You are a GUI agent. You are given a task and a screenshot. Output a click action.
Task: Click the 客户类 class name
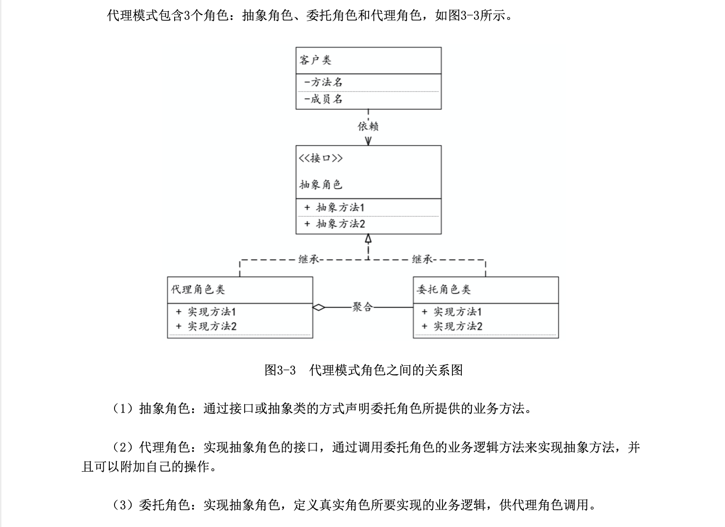(315, 60)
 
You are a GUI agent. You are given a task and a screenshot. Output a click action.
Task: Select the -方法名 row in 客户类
(323, 82)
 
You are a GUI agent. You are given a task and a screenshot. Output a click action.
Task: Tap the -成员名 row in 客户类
(323, 99)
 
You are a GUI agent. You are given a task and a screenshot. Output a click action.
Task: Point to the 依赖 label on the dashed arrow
(368, 126)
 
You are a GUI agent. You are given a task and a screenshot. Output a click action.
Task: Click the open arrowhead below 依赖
(368, 141)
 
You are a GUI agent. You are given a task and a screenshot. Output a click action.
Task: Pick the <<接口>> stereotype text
(321, 158)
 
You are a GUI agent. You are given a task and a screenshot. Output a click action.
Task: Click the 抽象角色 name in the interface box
(321, 184)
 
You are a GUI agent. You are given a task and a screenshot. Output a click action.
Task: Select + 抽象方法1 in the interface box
(334, 207)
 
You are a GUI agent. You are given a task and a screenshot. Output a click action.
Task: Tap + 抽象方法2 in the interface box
(334, 224)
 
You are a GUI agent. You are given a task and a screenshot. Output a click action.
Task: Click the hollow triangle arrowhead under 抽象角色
(368, 238)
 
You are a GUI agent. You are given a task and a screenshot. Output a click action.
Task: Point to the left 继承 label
(309, 259)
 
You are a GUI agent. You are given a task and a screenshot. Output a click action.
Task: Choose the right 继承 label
(422, 259)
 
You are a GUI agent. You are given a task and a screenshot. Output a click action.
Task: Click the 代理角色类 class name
(198, 290)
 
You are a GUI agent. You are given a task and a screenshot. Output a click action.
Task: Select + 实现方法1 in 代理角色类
(206, 312)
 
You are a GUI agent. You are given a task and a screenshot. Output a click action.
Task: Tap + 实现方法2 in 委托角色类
(452, 326)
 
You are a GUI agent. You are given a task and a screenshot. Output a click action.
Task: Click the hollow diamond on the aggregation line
(319, 307)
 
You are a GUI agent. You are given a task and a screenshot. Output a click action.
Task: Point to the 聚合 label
(362, 307)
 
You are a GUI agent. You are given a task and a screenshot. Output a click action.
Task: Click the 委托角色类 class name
(443, 290)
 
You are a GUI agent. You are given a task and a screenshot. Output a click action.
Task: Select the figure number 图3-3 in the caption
(280, 370)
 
